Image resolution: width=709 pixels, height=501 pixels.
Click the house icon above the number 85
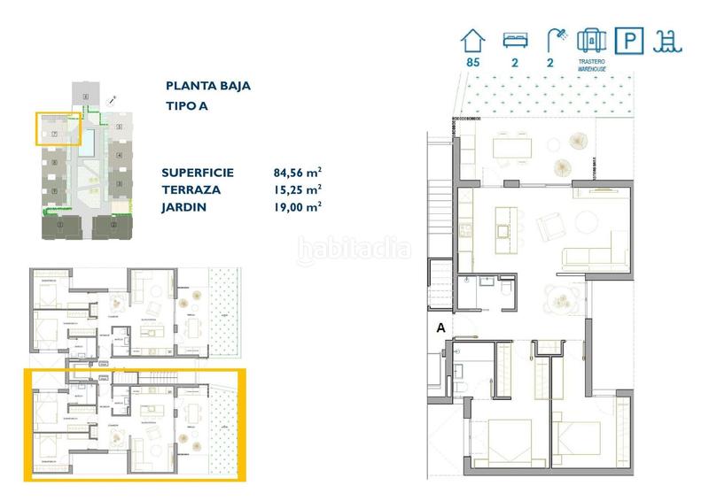pos(471,40)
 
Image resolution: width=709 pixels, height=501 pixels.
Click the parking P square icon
pos(629,40)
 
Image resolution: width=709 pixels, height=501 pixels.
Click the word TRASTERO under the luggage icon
pos(590,62)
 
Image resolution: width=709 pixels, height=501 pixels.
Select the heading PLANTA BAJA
pos(207,86)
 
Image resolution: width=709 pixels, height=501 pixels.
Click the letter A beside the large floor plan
pos(440,328)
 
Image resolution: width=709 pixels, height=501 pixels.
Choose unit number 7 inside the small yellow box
pos(55,134)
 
